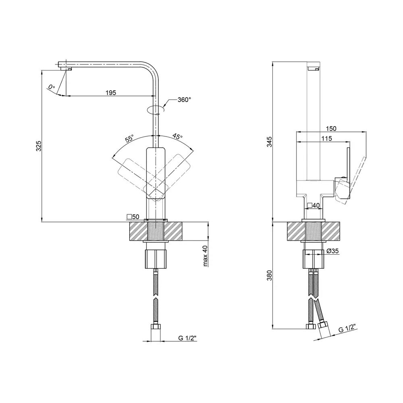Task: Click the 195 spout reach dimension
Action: (x=111, y=93)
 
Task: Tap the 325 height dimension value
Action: (x=38, y=146)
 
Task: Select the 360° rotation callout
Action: (x=184, y=100)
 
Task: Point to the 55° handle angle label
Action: (x=129, y=138)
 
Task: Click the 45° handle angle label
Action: (x=177, y=136)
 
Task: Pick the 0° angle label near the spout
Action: (x=52, y=87)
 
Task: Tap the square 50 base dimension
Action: (x=133, y=217)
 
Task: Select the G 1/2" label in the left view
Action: (x=188, y=338)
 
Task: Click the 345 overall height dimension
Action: (x=269, y=141)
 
